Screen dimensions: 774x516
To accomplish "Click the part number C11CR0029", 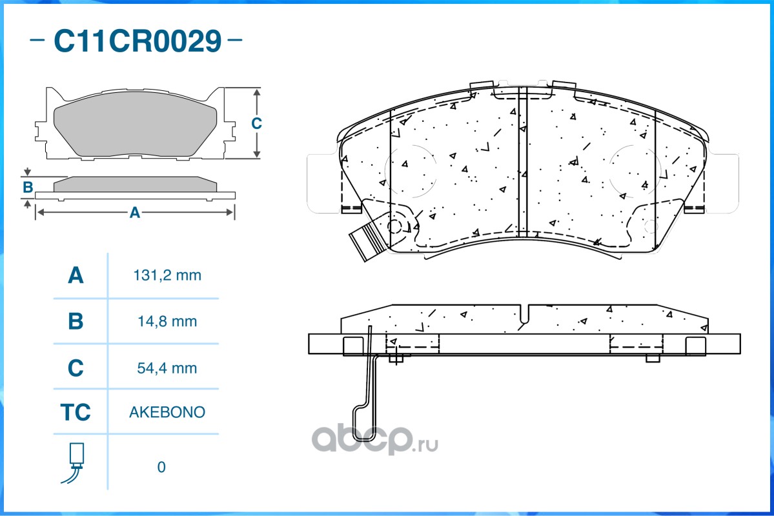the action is coord(137,41).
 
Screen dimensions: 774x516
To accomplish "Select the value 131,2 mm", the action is coord(167,275).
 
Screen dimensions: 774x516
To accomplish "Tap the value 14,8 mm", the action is coord(167,322).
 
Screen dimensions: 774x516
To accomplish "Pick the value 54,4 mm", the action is coord(167,368).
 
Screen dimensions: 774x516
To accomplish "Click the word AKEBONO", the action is coord(167,412).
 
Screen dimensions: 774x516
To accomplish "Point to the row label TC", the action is coord(76,412).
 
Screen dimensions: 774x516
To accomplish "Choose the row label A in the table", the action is coord(76,275).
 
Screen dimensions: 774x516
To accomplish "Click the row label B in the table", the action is coord(76,321).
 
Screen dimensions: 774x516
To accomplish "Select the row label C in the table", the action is coord(76,368).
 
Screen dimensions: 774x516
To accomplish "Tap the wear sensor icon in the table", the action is coord(75,463).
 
